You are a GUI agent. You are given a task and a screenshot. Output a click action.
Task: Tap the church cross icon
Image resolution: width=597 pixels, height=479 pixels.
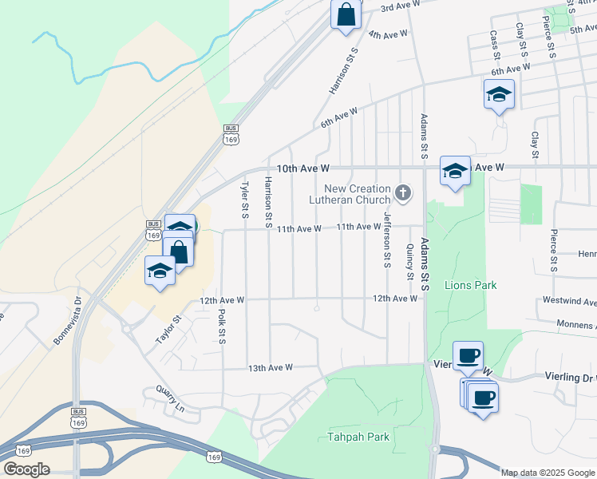404,192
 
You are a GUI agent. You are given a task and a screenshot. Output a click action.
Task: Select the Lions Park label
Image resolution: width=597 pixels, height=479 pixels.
470,285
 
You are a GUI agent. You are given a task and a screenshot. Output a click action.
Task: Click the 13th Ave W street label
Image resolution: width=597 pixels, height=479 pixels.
271,368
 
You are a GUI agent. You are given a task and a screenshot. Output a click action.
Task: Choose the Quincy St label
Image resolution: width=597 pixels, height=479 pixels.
409,262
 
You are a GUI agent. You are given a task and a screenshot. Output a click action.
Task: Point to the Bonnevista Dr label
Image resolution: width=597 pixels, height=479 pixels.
68,322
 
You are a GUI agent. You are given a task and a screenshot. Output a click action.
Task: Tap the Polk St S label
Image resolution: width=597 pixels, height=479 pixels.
223,327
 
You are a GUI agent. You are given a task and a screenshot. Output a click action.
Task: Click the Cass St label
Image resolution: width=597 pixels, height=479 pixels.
495,47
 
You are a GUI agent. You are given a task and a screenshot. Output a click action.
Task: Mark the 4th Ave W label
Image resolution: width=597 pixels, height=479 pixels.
389,34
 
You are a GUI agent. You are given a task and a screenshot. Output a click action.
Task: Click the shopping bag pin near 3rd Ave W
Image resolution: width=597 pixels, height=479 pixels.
346,14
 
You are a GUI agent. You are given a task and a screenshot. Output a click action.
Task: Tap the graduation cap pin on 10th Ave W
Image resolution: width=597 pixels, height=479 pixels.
455,171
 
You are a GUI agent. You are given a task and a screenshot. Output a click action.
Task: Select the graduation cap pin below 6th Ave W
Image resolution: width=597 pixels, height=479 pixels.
499,94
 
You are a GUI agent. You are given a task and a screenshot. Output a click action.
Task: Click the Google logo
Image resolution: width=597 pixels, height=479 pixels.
26,469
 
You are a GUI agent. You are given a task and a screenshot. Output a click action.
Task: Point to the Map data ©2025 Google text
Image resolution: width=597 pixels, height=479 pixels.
548,473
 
